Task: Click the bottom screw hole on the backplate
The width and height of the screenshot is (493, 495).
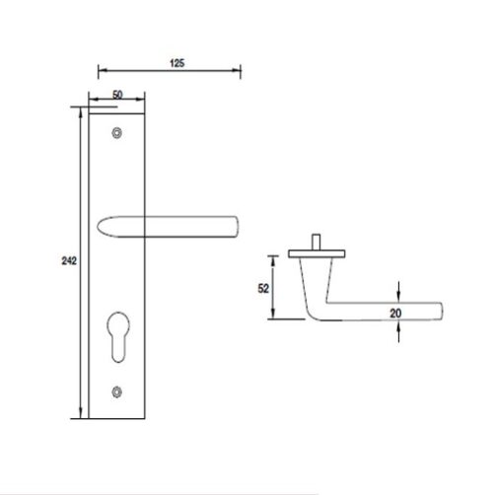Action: pyautogui.click(x=118, y=390)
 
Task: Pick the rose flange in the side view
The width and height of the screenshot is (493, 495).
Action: pyautogui.click(x=317, y=254)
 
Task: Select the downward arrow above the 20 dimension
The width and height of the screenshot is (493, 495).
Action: pyautogui.click(x=398, y=295)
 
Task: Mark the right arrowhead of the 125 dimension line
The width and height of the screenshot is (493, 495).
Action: pyautogui.click(x=238, y=70)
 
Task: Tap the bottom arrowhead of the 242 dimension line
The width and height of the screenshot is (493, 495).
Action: pyautogui.click(x=80, y=418)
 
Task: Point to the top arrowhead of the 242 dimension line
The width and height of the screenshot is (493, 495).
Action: pyautogui.click(x=80, y=107)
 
